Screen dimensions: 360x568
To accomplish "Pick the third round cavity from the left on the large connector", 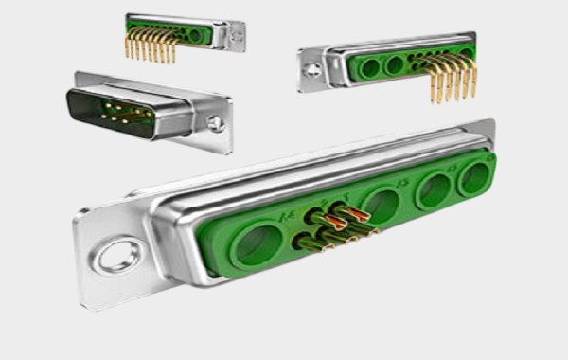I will click(434, 189).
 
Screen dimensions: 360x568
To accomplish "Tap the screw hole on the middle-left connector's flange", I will click(217, 123).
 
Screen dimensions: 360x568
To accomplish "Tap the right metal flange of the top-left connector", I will click(231, 36).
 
